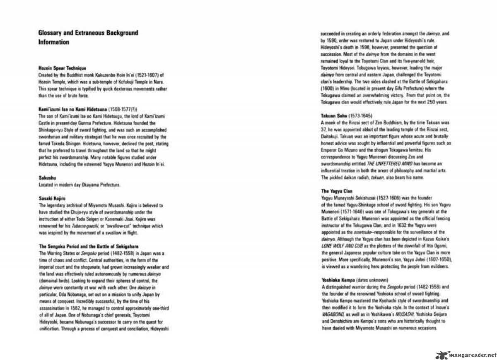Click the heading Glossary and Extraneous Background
click(88, 33)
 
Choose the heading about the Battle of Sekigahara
click(88, 246)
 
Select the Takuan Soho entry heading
click(334, 116)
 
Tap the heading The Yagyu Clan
click(337, 191)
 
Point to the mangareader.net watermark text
click(473, 355)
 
